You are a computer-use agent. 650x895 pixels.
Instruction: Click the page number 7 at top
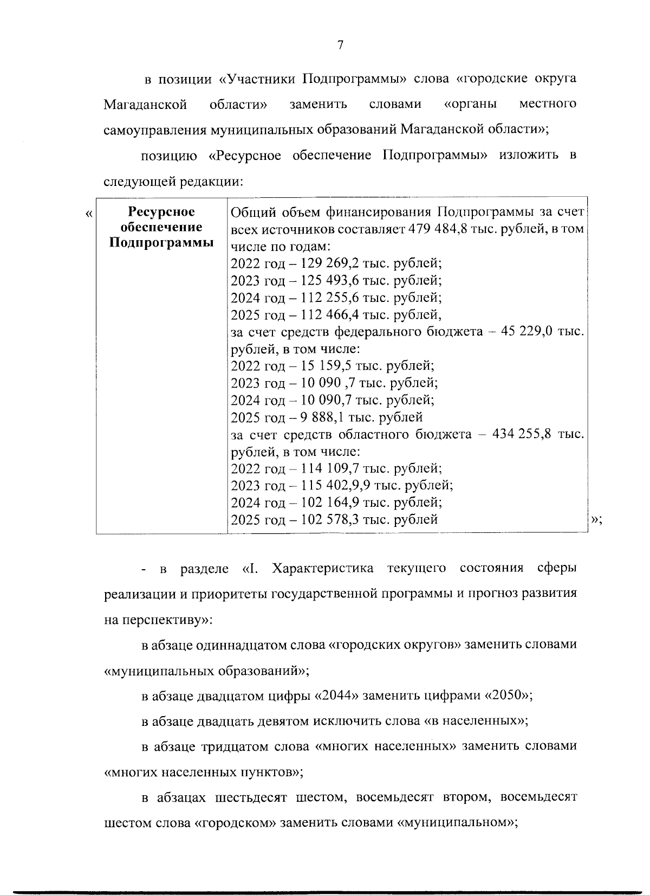tap(340, 46)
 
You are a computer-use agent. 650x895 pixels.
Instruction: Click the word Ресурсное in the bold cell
tap(161, 212)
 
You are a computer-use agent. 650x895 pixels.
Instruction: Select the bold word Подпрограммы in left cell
tap(161, 242)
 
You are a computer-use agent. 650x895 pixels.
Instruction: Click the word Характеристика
tap(323, 568)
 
